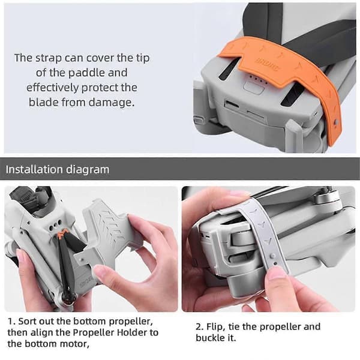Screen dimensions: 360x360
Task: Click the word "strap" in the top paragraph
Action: tap(49, 58)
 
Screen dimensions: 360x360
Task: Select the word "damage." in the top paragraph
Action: tap(112, 102)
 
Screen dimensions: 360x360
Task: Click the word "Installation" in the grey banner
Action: tap(34, 169)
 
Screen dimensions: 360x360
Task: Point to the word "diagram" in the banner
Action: tap(88, 170)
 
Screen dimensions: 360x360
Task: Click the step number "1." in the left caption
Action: tap(11, 321)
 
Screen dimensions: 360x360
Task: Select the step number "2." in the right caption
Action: tap(200, 326)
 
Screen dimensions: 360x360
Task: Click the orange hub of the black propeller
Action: tap(62, 234)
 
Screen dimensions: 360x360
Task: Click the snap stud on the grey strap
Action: tap(272, 256)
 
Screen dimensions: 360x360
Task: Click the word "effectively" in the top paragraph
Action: tap(52, 88)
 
